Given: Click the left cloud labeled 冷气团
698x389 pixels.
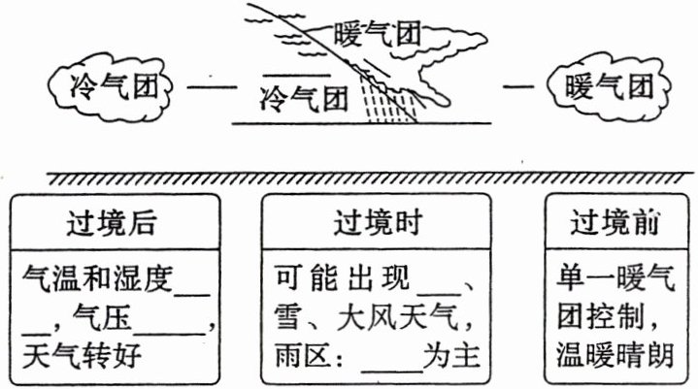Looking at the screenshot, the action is point(107,85).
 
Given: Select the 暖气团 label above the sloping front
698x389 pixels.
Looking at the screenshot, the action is point(374,38).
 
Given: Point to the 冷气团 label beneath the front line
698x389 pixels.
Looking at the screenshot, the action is point(305,97).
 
